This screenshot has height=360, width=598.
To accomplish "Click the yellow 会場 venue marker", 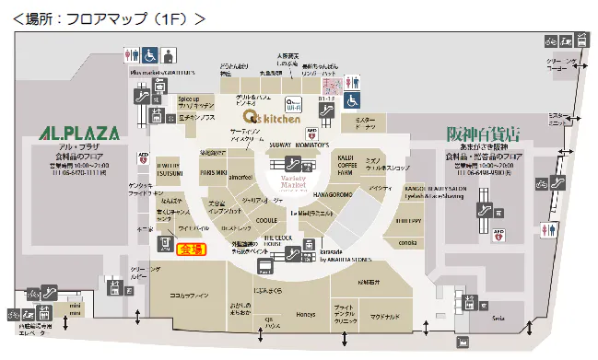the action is tap(191, 249).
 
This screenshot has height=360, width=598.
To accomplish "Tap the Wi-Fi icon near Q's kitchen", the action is tap(295, 104).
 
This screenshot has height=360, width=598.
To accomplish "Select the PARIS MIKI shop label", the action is tap(214, 171).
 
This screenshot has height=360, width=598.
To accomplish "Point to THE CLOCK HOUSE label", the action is tap(277, 239).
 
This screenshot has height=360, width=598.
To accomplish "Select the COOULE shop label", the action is tap(266, 220).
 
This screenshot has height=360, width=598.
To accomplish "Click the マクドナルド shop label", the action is tap(385, 316).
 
